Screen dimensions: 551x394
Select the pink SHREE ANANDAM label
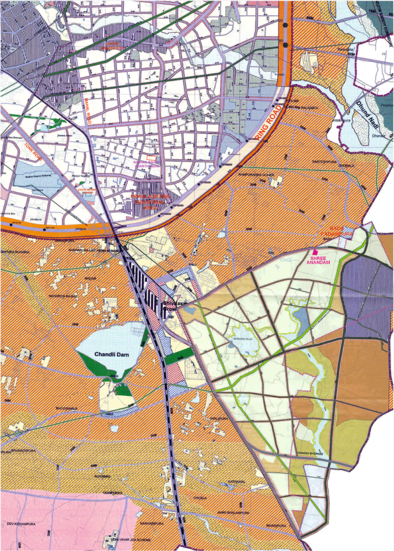click(x=319, y=259)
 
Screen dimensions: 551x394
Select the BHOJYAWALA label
click(x=65, y=408)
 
